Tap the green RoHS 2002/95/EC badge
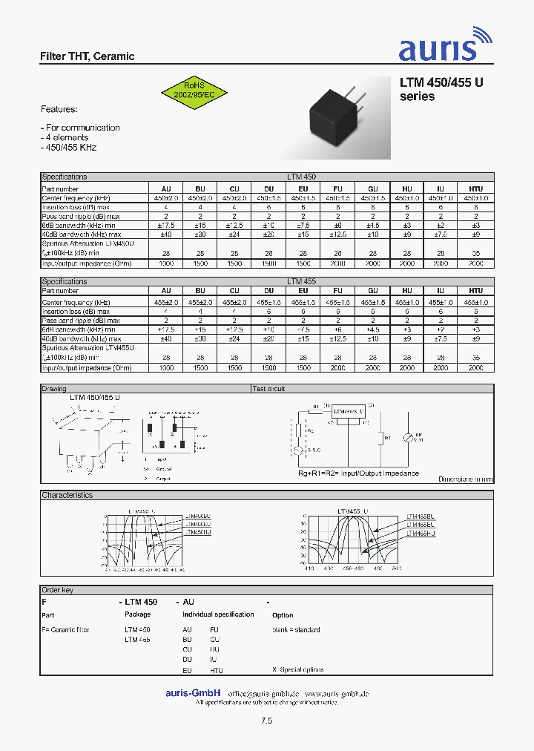(x=194, y=91)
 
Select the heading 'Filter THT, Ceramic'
(x=87, y=56)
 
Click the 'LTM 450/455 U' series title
(x=441, y=84)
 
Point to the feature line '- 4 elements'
(x=65, y=137)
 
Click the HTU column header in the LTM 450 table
(x=476, y=188)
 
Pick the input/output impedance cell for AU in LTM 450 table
(x=165, y=263)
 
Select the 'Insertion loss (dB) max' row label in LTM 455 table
(x=75, y=312)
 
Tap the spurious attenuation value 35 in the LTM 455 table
(x=476, y=357)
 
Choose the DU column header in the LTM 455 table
(x=268, y=291)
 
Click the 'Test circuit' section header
(x=268, y=389)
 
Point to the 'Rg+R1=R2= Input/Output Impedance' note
(x=358, y=473)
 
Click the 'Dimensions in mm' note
(x=465, y=479)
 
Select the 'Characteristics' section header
(x=67, y=495)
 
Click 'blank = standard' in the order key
(x=297, y=630)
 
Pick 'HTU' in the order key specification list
(x=216, y=670)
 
